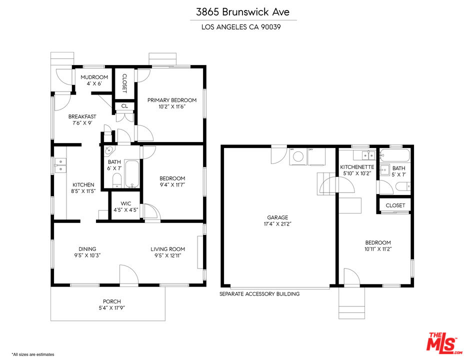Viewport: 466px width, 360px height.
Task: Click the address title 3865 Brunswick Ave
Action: pos(243,11)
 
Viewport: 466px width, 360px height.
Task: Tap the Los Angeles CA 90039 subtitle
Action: pos(243,27)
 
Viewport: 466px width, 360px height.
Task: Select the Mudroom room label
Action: pos(94,77)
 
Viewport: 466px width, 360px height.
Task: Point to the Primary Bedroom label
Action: pos(171,100)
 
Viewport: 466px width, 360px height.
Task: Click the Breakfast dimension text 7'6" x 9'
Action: pos(82,123)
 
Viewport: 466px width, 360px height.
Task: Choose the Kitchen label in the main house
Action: pos(83,184)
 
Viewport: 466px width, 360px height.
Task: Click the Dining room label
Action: pos(87,249)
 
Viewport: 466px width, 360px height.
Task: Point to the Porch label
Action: pos(112,301)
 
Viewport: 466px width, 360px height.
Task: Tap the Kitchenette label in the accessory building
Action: pos(357,167)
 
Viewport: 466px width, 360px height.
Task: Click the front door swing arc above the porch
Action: pos(128,275)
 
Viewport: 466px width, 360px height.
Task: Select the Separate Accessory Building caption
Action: pos(259,294)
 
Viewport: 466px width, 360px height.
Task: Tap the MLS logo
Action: pos(442,342)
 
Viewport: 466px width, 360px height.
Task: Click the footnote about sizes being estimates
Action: pos(32,354)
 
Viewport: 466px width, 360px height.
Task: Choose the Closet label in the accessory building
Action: pos(395,205)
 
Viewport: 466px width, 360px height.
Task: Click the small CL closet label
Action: pos(124,106)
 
